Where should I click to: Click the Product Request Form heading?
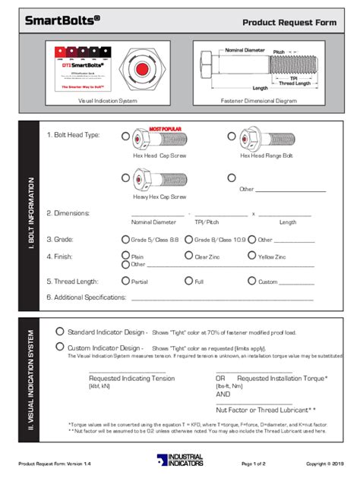289,23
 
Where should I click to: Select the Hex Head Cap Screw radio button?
126,136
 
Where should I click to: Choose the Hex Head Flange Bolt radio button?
232,136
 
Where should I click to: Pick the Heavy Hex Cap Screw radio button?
126,178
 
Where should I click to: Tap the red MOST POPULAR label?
165,129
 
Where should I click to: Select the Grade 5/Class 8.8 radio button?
126,239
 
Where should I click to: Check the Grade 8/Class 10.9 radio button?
189,239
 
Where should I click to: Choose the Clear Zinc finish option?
189,256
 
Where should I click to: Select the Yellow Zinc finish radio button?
253,256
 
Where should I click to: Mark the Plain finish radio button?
126,256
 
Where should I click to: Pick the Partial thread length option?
126,281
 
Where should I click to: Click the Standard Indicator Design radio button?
60,332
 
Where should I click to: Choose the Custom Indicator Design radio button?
60,347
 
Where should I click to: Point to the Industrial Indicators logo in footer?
180,461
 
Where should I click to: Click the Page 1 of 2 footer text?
253,462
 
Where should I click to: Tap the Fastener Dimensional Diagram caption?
257,100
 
